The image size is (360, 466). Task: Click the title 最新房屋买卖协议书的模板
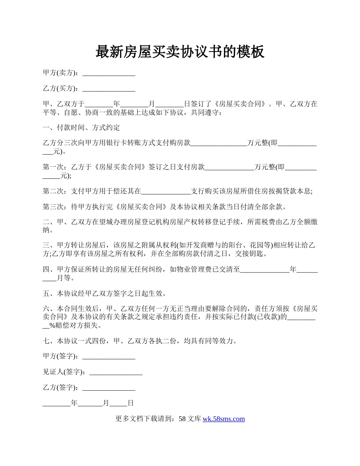point(180,52)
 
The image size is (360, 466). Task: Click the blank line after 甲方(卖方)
point(109,73)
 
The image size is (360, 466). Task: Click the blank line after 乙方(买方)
point(109,89)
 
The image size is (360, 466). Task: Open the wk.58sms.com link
point(224,419)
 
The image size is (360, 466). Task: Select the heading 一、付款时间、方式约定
point(81,127)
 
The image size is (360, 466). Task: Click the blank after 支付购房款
point(219,143)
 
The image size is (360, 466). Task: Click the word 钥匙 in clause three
point(261,254)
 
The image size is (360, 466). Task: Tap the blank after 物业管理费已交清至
point(265,270)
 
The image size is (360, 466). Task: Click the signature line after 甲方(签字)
point(109,356)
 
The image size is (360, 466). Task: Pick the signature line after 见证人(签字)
point(116,372)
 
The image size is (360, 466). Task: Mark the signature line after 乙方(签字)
point(109,388)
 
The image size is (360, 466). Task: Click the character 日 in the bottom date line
point(130,403)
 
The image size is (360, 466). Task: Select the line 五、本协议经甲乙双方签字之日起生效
point(105,294)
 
